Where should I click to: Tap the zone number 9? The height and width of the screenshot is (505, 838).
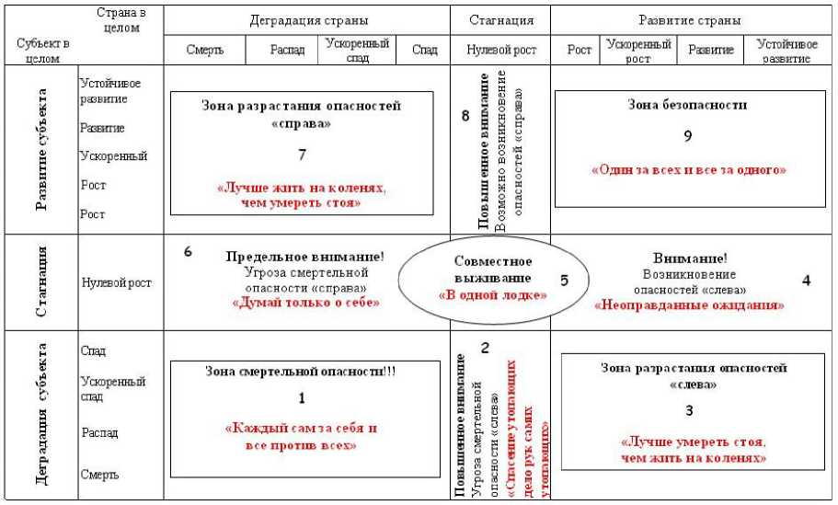point(687,136)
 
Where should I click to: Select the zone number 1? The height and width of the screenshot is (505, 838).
point(301,397)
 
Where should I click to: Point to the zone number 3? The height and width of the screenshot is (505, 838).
point(689,410)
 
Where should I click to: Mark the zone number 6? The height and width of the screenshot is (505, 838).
point(188,251)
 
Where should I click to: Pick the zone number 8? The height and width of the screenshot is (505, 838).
point(465,116)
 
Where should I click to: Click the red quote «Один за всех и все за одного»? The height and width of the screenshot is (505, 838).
point(689,170)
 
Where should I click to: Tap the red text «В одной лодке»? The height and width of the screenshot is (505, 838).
point(492,295)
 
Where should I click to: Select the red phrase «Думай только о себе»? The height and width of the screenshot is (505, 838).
point(306,302)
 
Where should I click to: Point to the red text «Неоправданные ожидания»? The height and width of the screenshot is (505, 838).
point(689,304)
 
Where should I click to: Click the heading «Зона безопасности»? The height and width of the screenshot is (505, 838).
point(687,105)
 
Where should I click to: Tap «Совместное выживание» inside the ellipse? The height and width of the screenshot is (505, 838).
point(493,269)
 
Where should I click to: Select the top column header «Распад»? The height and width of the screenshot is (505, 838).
point(286,51)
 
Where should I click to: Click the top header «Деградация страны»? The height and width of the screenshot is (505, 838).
point(305,19)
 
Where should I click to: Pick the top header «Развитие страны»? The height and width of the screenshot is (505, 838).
point(689,19)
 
